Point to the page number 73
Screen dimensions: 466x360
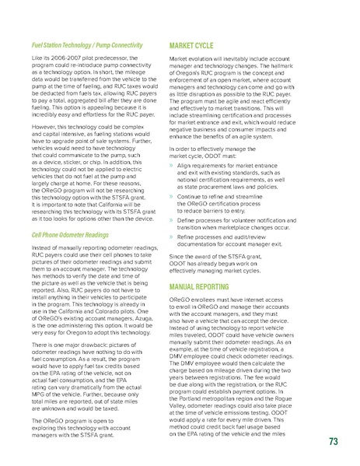click(x=334, y=443)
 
